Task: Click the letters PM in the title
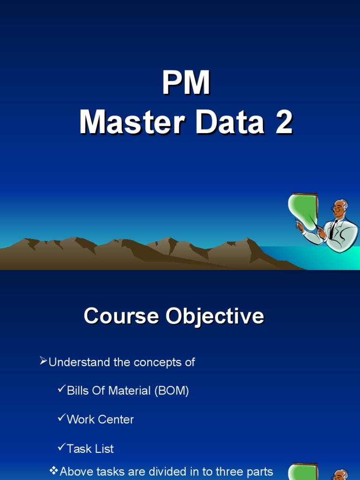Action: (x=186, y=84)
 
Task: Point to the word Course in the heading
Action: (x=120, y=316)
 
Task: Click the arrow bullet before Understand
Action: (x=43, y=361)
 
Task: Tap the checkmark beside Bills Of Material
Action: (x=61, y=390)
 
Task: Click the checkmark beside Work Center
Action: (x=61, y=418)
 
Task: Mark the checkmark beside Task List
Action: (x=61, y=447)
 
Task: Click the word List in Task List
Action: (x=104, y=449)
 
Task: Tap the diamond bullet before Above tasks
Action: (x=54, y=470)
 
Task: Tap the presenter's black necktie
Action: (x=332, y=229)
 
